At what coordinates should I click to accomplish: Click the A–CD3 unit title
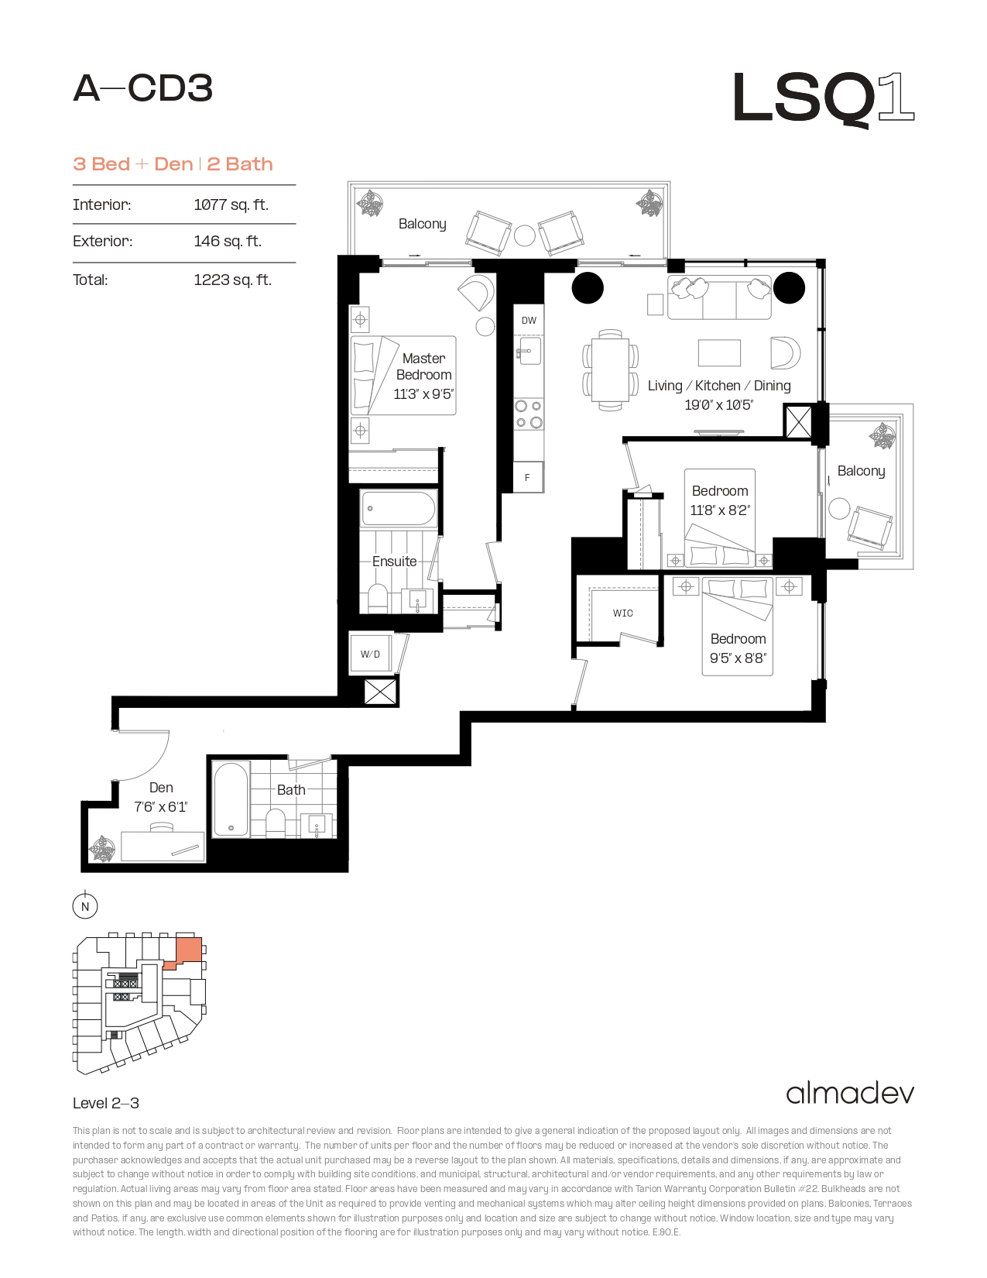pos(143,88)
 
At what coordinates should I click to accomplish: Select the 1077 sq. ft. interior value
pos(231,204)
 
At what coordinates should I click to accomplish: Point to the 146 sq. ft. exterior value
pos(228,241)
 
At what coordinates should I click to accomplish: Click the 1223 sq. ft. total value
pos(233,280)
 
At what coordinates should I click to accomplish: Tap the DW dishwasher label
pos(529,321)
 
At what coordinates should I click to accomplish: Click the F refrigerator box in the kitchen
pos(528,477)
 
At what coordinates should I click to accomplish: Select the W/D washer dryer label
pos(370,654)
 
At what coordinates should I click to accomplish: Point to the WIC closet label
pos(623,613)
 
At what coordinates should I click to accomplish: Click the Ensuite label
pos(395,561)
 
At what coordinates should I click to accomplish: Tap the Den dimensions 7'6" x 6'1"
pos(160,807)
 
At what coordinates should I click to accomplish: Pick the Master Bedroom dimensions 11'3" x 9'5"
pos(424,394)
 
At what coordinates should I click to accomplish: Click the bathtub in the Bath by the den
pos(231,799)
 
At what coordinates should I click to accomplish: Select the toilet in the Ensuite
pos(378,599)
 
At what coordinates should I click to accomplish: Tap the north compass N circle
pos(85,906)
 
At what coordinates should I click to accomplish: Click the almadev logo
pos(850,1094)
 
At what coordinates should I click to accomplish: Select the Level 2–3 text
pos(106,1103)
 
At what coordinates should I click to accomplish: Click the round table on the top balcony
pos(524,235)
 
